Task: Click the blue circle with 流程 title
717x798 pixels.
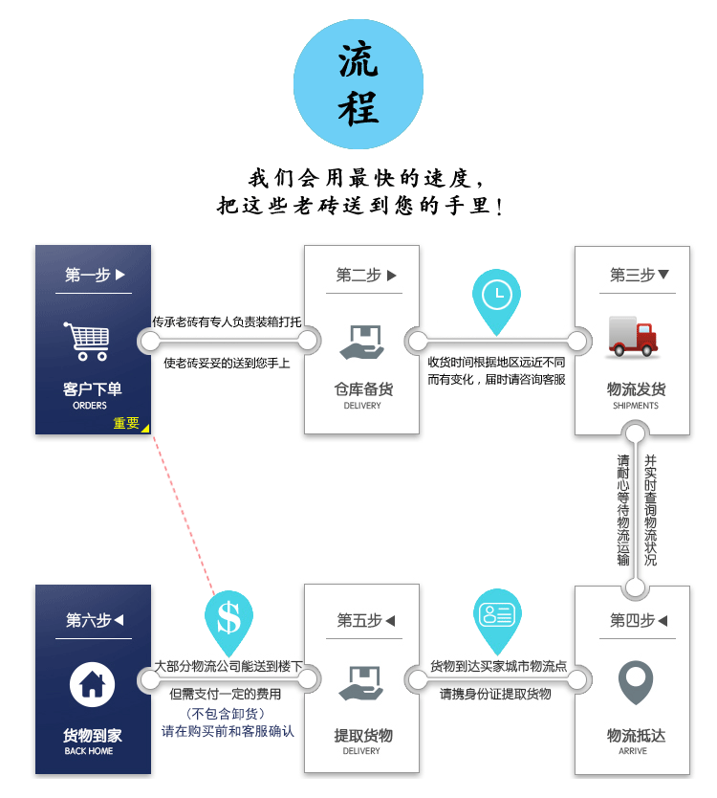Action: (x=358, y=83)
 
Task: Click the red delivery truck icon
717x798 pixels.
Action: (x=633, y=337)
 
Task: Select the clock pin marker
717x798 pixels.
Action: (x=496, y=299)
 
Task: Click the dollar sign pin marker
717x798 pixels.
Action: (x=228, y=620)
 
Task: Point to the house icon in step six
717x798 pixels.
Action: (x=93, y=685)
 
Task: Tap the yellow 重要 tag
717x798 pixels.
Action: (x=128, y=423)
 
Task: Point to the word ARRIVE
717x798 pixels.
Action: (x=633, y=751)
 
